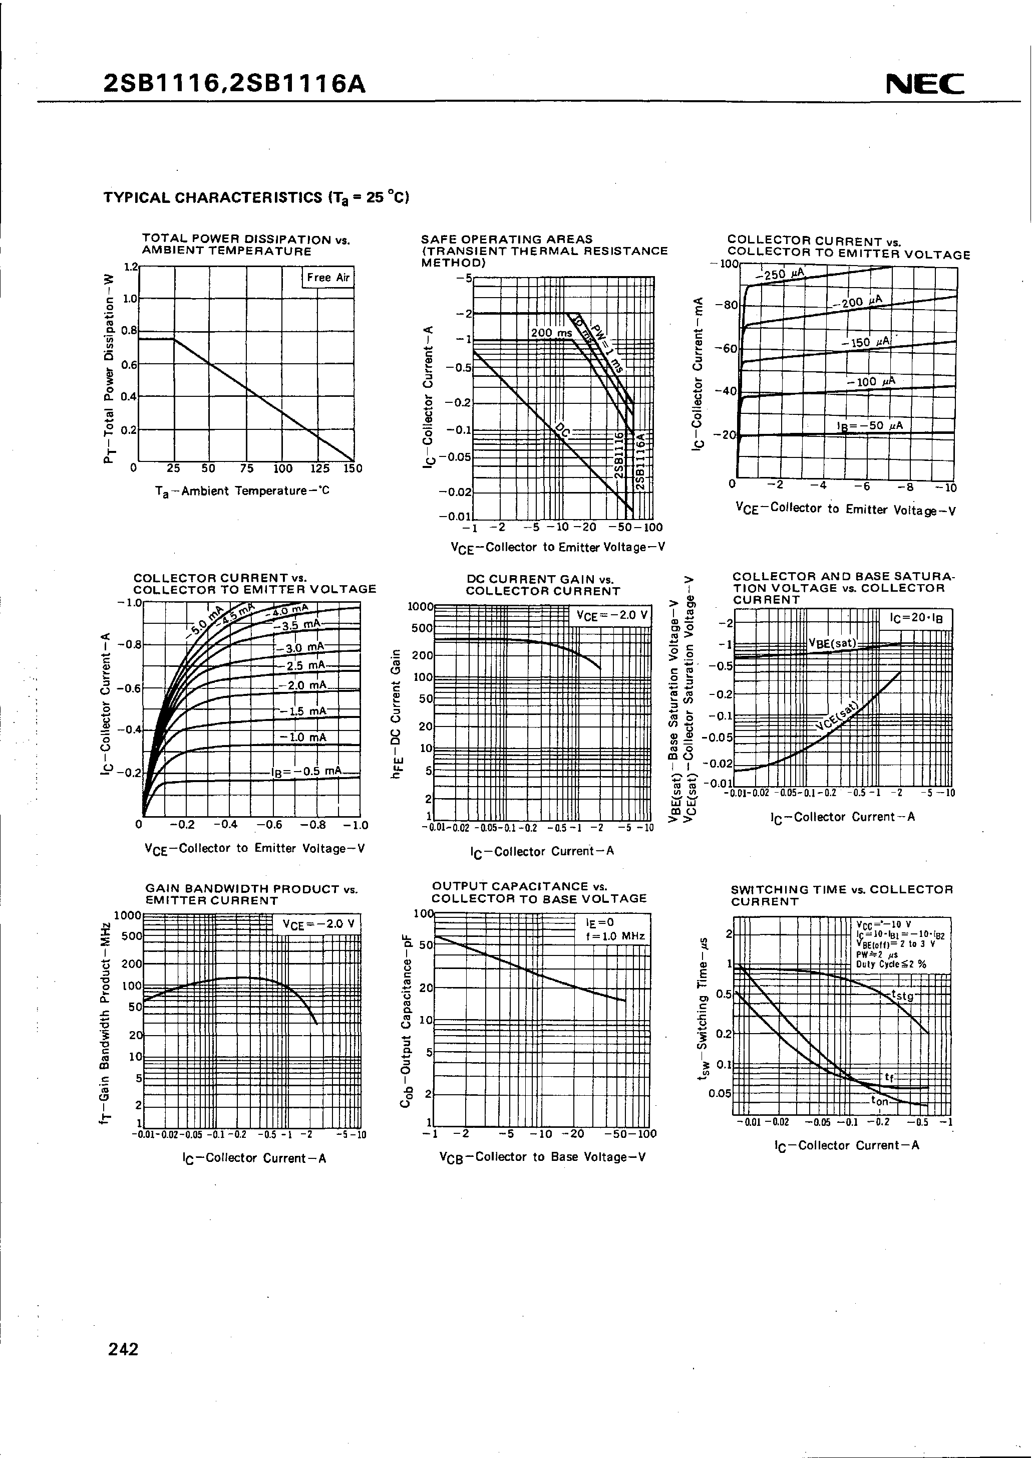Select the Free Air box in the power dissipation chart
point(327,278)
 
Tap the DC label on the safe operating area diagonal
point(562,431)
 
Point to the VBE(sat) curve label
point(833,643)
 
